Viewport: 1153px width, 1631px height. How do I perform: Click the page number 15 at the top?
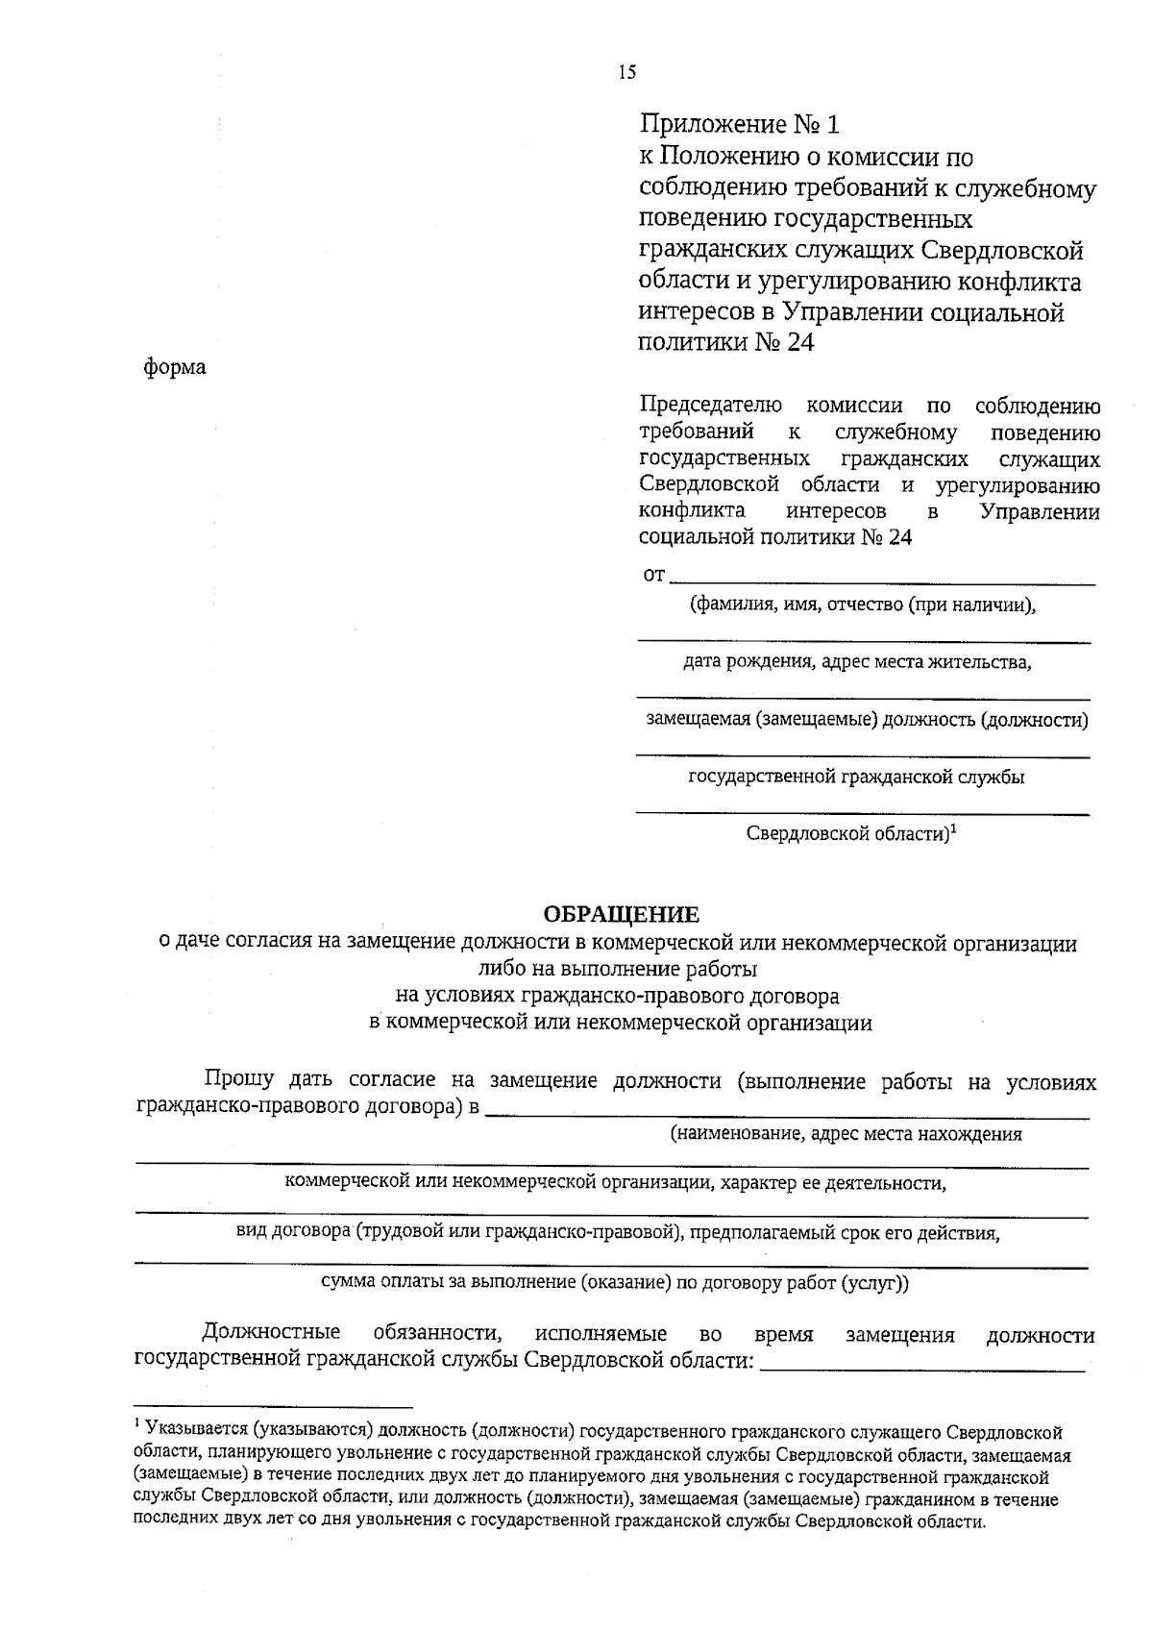click(x=627, y=72)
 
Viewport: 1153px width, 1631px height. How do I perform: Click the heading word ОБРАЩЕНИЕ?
click(x=621, y=914)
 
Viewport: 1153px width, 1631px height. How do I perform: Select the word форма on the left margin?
click(x=175, y=367)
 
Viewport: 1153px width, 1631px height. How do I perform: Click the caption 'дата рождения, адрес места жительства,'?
click(x=857, y=662)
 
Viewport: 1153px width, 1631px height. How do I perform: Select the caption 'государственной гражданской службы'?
click(x=856, y=778)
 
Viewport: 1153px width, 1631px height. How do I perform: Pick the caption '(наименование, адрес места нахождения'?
click(x=846, y=1134)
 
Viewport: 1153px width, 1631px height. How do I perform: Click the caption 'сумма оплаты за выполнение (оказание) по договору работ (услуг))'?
click(x=614, y=1282)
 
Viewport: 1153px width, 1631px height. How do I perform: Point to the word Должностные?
click(x=271, y=1334)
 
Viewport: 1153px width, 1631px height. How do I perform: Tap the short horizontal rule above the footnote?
click(x=273, y=1404)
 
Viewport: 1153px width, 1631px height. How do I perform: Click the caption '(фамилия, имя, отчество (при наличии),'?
click(x=862, y=605)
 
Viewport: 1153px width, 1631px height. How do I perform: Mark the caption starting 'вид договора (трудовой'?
click(x=619, y=1233)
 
